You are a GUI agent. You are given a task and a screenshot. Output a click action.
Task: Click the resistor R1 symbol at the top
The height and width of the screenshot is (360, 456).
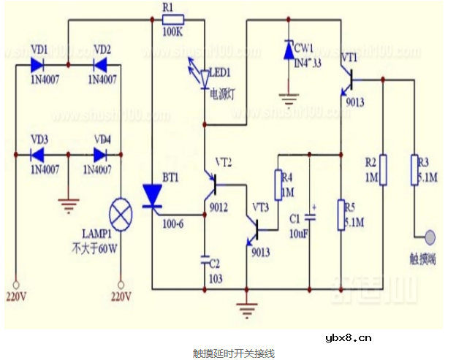click(174, 20)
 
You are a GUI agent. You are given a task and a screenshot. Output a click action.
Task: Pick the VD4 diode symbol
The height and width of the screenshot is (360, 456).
click(97, 154)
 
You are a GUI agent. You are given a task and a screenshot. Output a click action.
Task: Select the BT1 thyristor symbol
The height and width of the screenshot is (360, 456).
click(152, 196)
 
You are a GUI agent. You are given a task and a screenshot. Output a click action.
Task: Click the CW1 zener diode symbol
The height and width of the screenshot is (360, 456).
click(289, 50)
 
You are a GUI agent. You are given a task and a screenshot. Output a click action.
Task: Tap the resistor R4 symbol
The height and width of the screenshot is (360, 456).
click(278, 185)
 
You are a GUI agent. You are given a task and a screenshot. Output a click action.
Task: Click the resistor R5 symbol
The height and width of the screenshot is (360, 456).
click(341, 215)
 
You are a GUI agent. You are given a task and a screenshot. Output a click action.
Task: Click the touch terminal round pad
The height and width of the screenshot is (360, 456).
click(429, 237)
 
